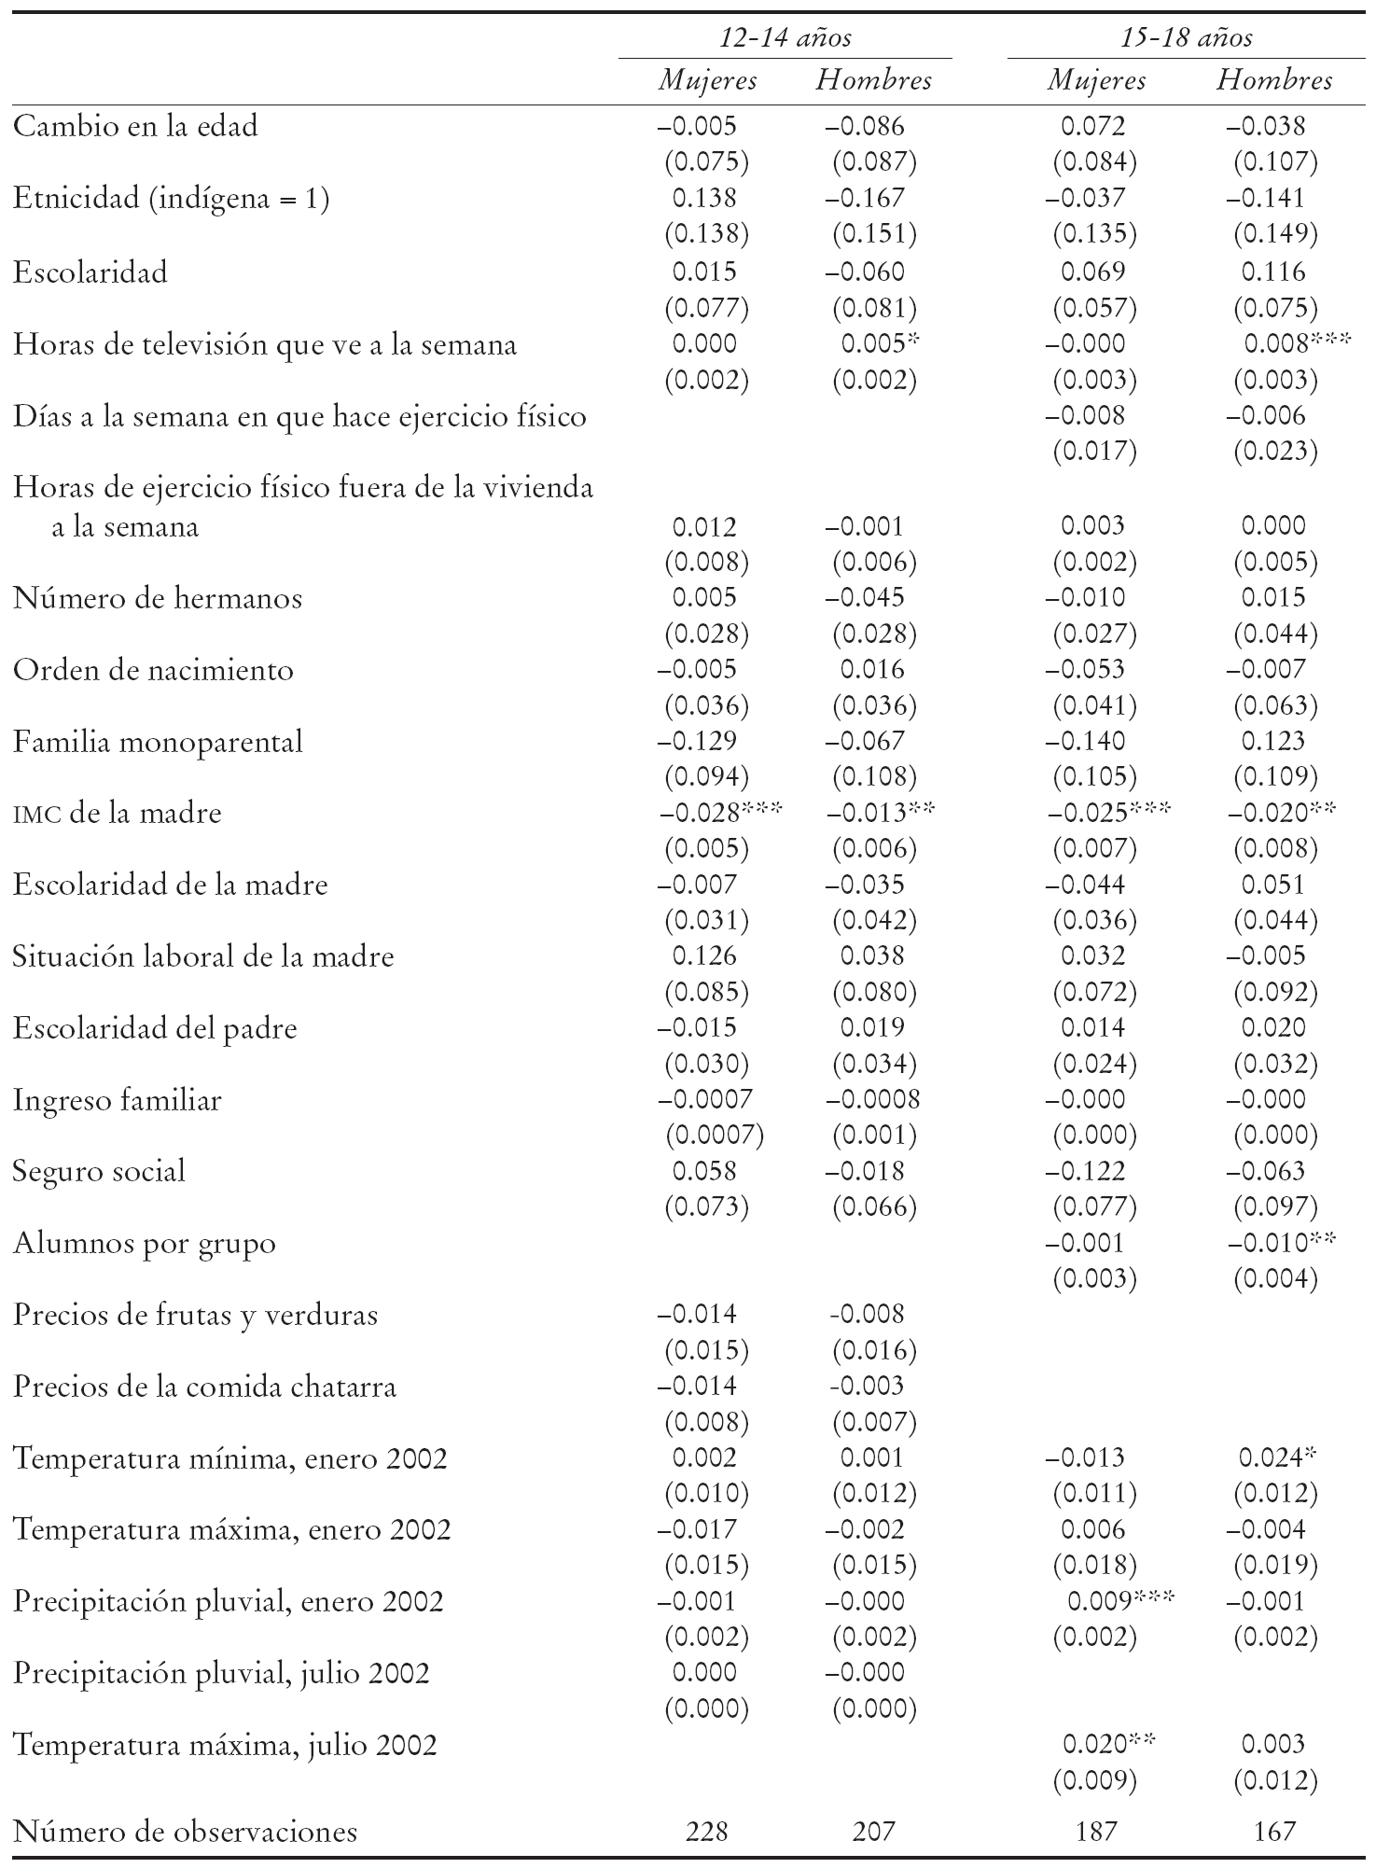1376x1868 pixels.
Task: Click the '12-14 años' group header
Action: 785,37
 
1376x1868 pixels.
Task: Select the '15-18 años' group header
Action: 1186,37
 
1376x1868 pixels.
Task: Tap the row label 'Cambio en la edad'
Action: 135,126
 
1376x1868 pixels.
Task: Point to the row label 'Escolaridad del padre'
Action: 155,1028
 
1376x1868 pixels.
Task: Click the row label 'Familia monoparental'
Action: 158,742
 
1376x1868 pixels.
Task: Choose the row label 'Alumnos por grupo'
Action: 145,1244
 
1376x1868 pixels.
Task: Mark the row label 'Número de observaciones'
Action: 185,1831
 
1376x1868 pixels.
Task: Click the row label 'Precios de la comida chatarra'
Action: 204,1387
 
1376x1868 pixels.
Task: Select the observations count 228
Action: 705,1831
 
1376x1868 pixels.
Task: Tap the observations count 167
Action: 1274,1831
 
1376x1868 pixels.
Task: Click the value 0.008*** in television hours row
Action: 1297,344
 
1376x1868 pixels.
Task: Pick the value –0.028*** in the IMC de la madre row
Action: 719,813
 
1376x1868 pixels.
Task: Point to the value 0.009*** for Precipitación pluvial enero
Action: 1119,1601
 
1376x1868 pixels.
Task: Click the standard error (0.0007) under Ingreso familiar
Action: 714,1136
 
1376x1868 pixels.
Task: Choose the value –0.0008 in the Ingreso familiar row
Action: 872,1100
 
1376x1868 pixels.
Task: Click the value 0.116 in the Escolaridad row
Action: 1273,272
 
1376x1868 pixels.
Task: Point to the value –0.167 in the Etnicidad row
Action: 865,199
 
